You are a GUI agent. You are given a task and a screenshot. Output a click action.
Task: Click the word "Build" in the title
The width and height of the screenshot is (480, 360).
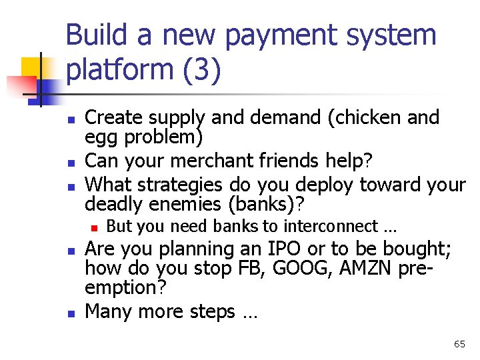click(x=90, y=35)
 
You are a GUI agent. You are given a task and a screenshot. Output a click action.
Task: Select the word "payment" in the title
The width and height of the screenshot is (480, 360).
click(x=262, y=35)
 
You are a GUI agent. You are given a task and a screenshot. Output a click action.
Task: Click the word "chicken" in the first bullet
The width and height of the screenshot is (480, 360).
click(x=378, y=117)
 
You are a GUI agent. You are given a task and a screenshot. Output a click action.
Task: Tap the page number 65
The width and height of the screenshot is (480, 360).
click(x=459, y=344)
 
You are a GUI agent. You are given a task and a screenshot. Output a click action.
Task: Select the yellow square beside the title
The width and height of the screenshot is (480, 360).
click(x=31, y=69)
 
